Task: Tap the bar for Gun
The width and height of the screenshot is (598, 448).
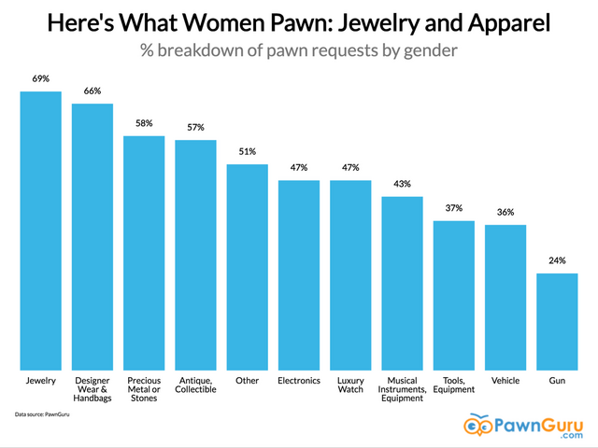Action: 557,321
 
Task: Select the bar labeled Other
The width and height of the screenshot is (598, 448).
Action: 248,267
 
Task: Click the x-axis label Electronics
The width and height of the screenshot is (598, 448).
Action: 299,381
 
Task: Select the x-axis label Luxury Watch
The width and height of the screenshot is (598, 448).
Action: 350,385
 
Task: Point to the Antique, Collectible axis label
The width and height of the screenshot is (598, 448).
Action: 196,385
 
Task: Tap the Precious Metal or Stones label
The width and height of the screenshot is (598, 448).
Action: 145,389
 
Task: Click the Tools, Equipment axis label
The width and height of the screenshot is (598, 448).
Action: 454,385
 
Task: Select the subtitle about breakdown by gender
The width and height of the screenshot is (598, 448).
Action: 299,49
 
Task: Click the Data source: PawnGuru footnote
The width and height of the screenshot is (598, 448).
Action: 42,413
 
